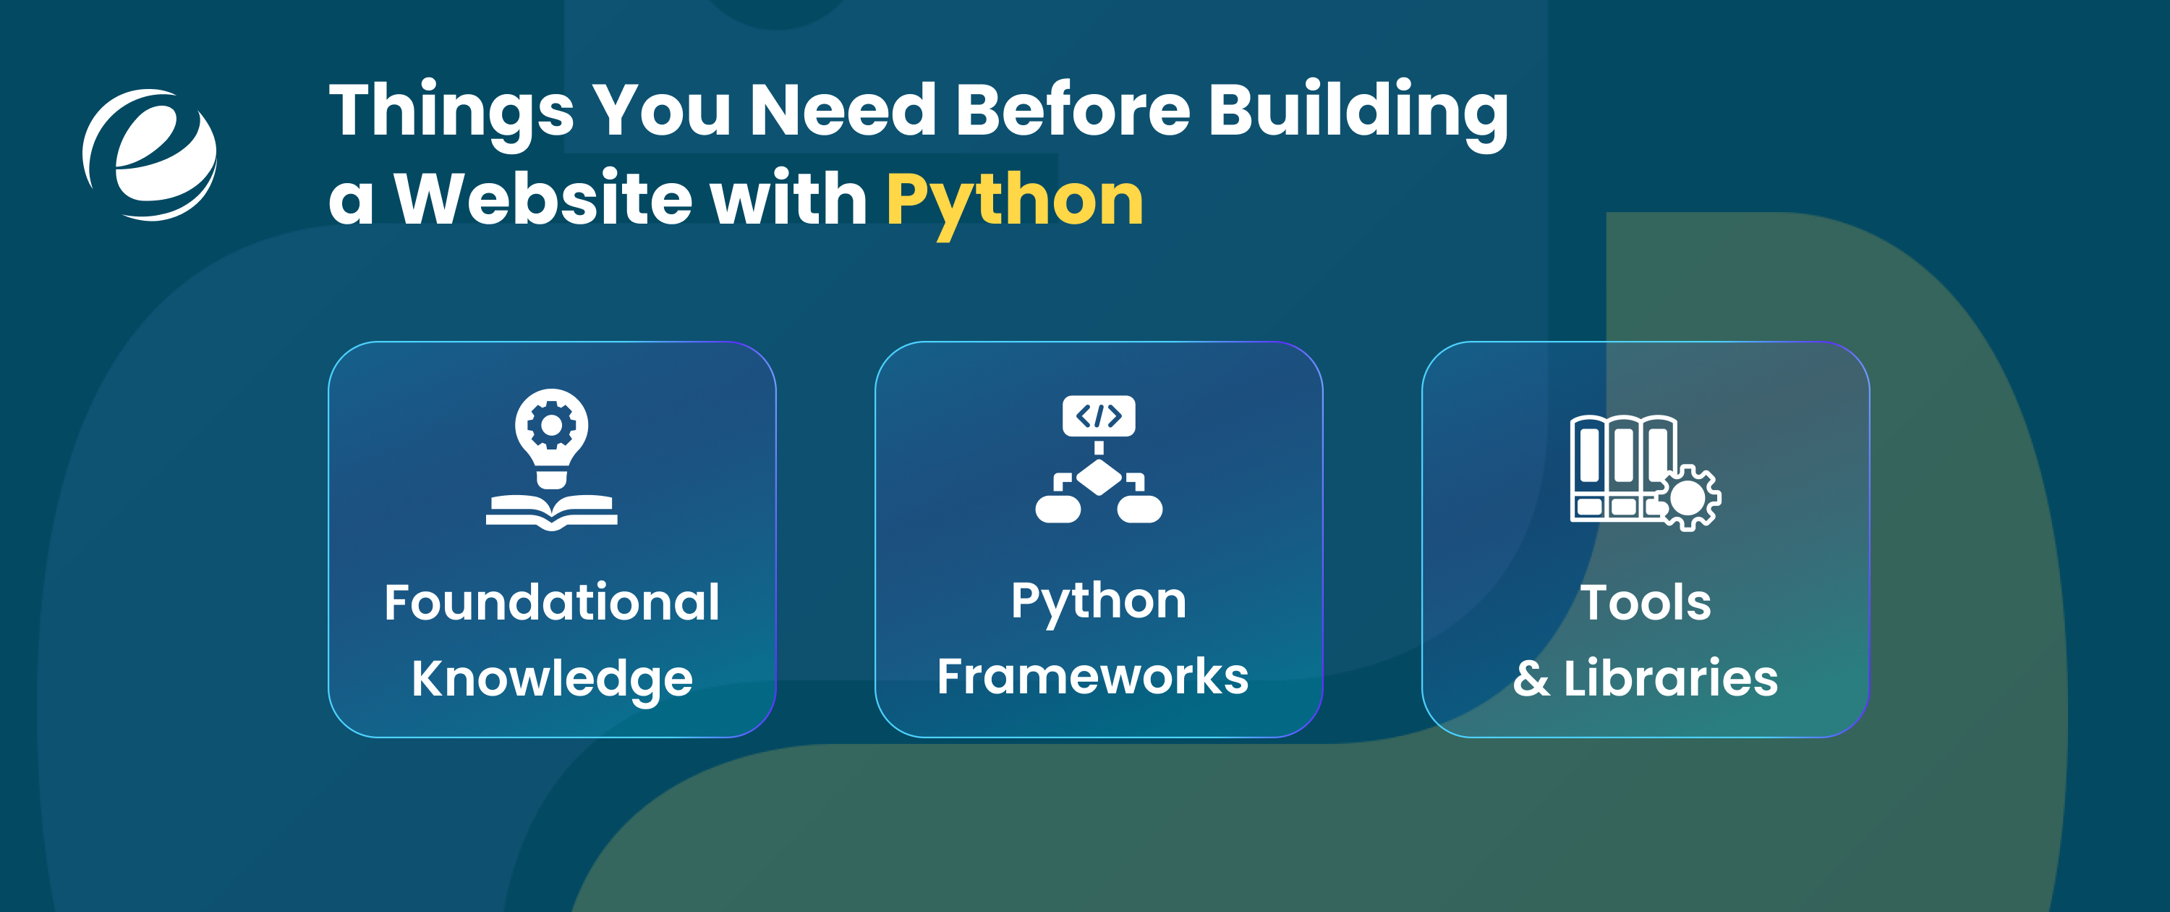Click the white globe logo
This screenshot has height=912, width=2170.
[150, 154]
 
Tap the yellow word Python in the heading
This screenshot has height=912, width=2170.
[1014, 200]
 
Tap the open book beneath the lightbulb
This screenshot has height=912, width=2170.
[552, 511]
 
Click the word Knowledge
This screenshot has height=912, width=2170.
[552, 678]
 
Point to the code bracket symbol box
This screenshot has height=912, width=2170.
[1099, 415]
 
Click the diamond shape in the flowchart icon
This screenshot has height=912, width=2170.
[1099, 478]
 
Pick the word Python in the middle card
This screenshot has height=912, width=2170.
[1099, 601]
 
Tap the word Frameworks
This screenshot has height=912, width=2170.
[1092, 676]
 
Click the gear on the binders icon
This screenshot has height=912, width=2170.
[1688, 498]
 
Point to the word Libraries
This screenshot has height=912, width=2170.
[1670, 677]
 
